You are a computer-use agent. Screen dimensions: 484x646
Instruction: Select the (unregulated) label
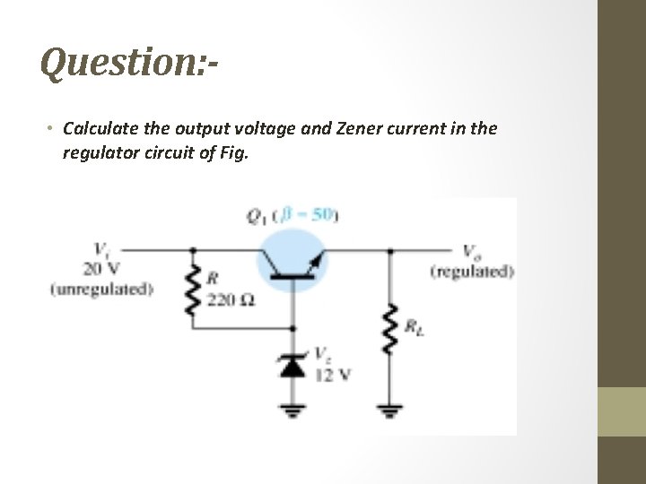[101, 289]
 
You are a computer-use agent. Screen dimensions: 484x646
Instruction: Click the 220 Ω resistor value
[231, 298]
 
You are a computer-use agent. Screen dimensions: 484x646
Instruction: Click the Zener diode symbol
[293, 363]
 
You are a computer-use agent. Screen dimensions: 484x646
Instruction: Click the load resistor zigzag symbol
[389, 327]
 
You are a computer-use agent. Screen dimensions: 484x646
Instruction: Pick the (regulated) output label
[472, 271]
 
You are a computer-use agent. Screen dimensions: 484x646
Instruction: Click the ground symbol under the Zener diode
[293, 412]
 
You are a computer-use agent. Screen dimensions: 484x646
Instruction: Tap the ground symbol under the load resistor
[389, 412]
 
